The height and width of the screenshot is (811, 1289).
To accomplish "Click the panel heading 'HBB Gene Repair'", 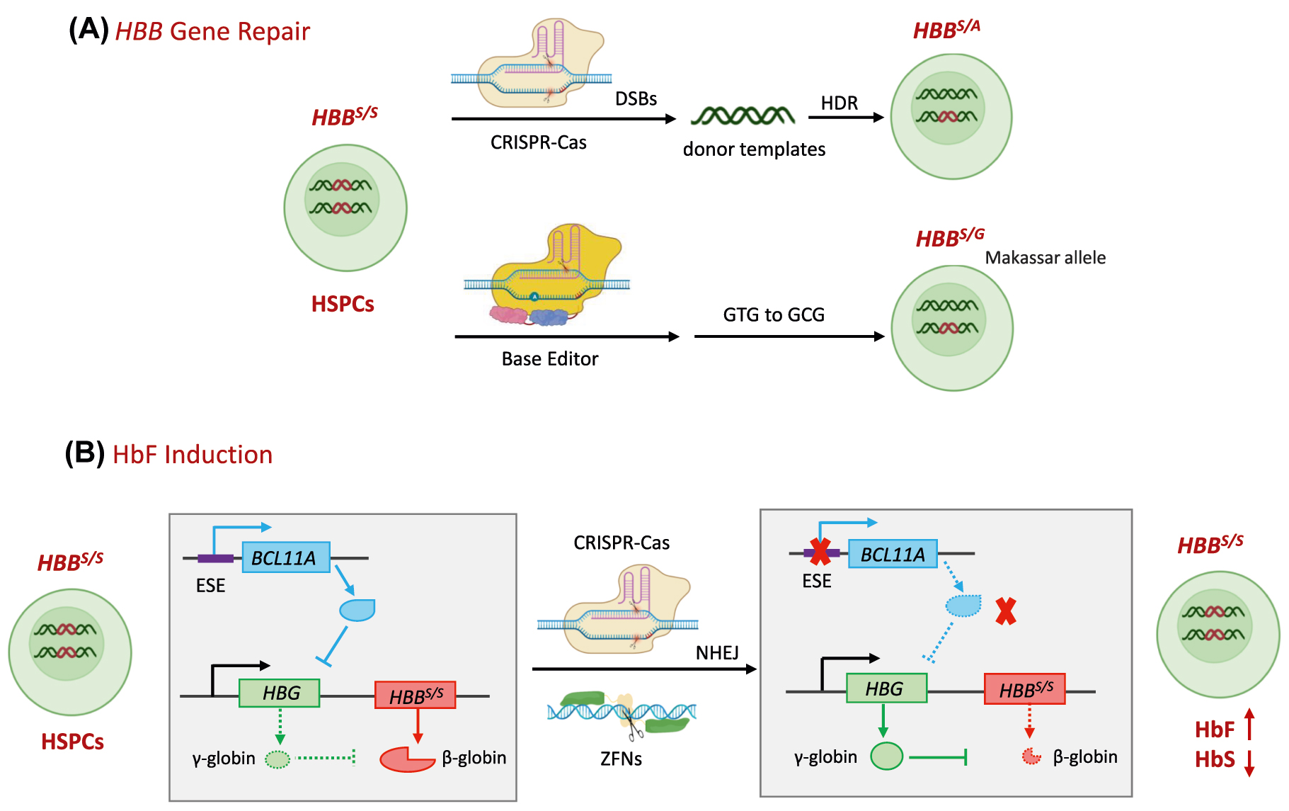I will (x=212, y=32).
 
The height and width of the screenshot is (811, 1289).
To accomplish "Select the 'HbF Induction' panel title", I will (x=192, y=455).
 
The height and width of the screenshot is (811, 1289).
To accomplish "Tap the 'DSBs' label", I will (x=636, y=99).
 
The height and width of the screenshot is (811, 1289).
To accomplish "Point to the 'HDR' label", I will (x=839, y=103).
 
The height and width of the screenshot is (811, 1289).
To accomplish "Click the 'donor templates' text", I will (x=754, y=149).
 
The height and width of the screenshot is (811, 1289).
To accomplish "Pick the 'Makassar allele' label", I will (x=1045, y=258).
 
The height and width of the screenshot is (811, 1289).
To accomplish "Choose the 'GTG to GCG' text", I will (x=774, y=314).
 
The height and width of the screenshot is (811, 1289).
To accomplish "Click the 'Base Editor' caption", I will (x=550, y=359).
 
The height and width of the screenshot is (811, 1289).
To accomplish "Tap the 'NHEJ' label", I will (x=717, y=652).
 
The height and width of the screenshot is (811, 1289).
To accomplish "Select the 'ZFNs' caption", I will (x=621, y=759).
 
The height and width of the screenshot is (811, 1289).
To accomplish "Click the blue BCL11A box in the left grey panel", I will (x=286, y=557).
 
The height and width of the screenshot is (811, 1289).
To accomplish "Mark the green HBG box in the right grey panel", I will (x=886, y=688).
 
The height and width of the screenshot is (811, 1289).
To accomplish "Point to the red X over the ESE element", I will (x=820, y=552).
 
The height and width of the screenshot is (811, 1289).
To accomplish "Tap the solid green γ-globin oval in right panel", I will (x=886, y=756).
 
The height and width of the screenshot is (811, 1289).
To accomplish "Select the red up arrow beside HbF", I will (x=1249, y=724).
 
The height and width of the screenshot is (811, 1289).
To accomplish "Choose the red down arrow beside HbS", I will (x=1249, y=762).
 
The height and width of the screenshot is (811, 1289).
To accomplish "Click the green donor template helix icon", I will (x=742, y=115).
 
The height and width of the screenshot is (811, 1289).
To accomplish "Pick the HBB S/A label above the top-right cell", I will (x=946, y=30).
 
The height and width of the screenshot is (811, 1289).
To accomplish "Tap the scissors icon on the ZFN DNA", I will (x=633, y=725).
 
